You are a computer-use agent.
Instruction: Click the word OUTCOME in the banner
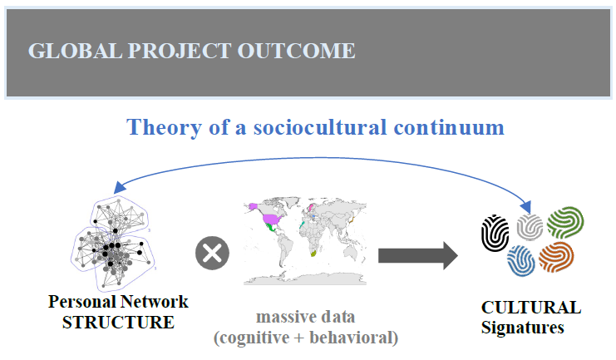click(x=296, y=51)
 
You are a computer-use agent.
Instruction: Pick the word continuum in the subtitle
click(x=449, y=128)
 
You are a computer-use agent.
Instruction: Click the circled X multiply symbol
click(x=212, y=253)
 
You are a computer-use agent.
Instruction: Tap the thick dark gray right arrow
click(x=418, y=256)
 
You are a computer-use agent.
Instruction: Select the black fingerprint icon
click(x=495, y=233)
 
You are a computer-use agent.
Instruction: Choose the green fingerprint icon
click(x=565, y=223)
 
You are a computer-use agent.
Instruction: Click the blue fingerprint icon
click(x=521, y=260)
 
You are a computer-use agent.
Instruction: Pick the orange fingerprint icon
click(x=556, y=258)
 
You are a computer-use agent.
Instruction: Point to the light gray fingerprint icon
click(x=530, y=227)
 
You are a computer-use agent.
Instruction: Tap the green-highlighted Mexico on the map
click(x=271, y=227)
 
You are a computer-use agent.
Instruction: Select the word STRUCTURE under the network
click(x=118, y=323)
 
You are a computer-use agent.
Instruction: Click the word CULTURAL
click(x=531, y=308)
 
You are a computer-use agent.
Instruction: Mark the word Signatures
click(x=523, y=328)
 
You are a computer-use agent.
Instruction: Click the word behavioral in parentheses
click(x=351, y=338)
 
